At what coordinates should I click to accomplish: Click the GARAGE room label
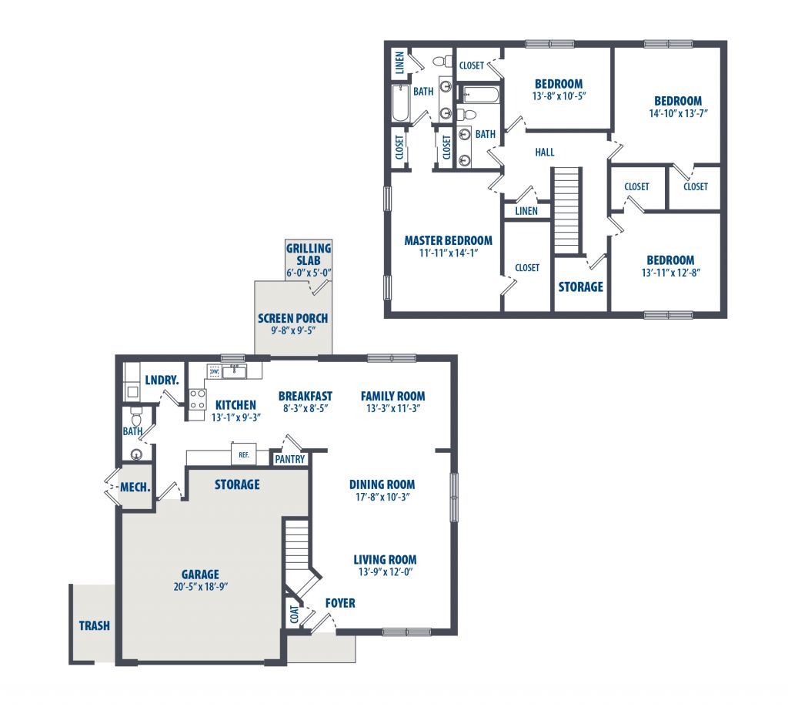200,574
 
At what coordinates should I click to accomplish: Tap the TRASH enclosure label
95,625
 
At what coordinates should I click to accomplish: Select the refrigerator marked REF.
244,454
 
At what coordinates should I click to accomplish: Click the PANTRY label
290,459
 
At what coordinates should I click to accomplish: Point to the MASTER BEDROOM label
449,240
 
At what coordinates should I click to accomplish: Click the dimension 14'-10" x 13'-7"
678,114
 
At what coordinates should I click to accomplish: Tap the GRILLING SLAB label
309,254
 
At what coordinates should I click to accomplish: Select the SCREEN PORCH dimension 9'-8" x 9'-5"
293,331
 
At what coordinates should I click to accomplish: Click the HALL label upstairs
545,152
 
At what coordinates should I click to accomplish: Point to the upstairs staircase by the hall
566,211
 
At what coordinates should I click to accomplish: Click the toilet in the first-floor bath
136,417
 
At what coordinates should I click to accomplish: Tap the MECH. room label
135,488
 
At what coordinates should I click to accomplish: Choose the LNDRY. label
162,380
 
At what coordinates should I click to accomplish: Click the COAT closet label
295,614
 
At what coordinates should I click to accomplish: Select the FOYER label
340,603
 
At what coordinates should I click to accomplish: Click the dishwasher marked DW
215,371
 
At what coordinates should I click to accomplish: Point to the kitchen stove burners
198,400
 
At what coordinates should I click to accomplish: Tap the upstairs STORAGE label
580,286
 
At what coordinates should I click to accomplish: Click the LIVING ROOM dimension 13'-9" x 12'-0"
386,571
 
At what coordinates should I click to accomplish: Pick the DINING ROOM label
382,484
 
